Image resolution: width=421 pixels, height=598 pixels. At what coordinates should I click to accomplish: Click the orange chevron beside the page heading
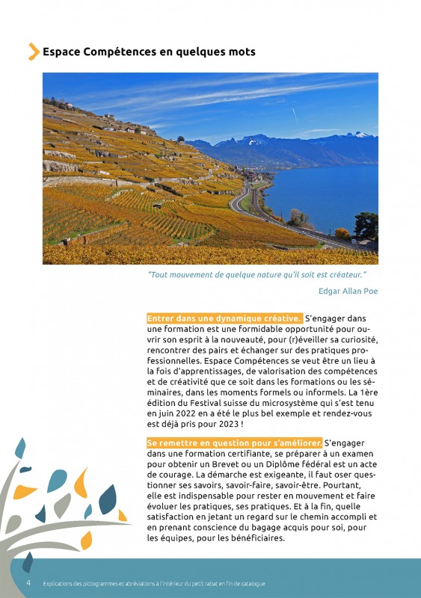[x=34, y=52]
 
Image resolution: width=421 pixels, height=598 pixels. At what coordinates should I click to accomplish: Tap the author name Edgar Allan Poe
[x=348, y=291]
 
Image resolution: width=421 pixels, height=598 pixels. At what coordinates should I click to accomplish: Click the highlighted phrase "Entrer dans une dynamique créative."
[x=224, y=318]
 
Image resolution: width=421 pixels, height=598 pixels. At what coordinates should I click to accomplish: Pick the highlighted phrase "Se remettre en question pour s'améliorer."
[x=235, y=443]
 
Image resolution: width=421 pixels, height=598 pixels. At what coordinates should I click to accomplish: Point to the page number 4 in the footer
[x=28, y=582]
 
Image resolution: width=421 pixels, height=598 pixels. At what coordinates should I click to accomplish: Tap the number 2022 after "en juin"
[x=193, y=413]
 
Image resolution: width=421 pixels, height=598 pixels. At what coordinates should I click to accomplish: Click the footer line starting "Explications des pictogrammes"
[x=153, y=583]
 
